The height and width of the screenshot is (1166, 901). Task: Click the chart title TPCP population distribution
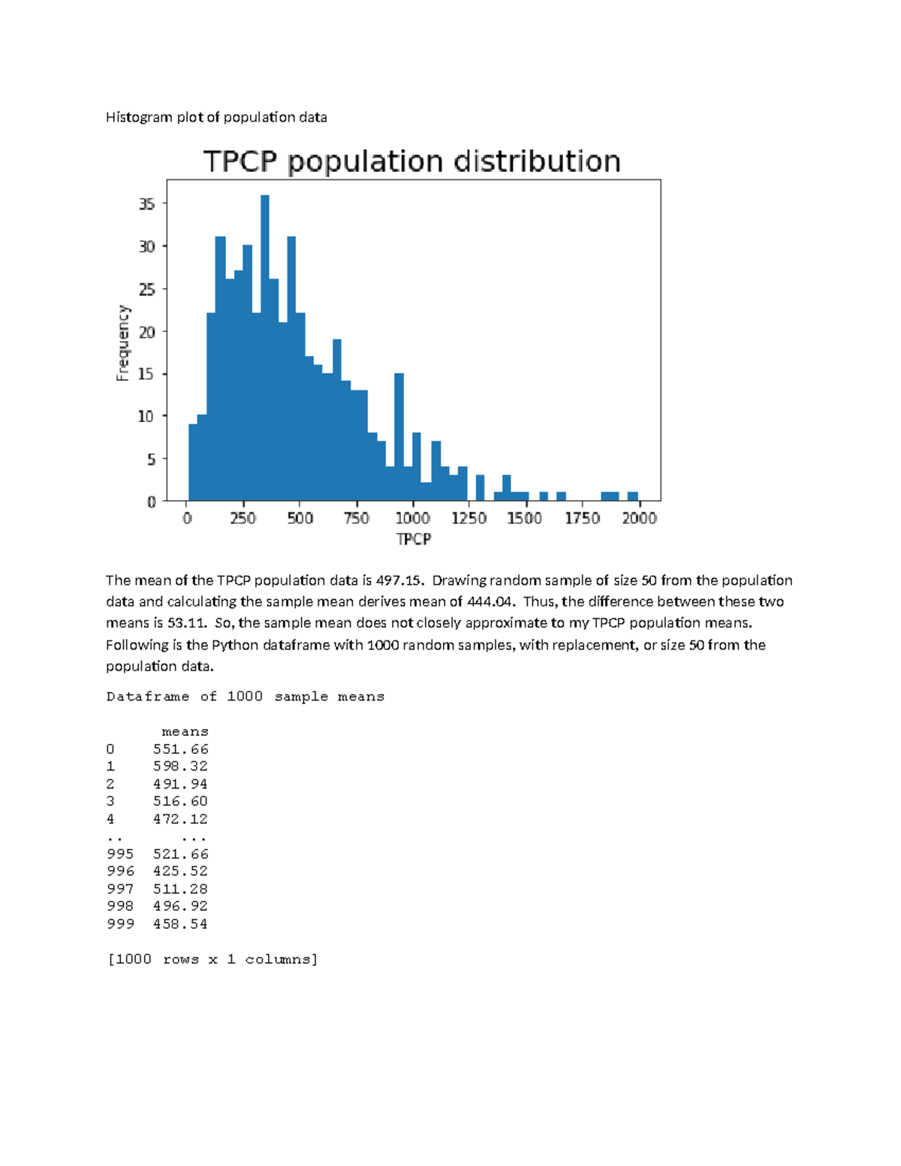pos(411,161)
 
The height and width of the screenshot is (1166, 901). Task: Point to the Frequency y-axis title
pos(123,342)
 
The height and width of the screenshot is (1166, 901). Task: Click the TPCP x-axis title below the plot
pos(413,539)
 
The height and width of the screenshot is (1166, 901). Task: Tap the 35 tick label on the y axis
pos(146,204)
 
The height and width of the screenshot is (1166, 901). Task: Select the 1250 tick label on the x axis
pos(469,518)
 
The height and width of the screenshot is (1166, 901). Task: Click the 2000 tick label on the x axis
pos(639,518)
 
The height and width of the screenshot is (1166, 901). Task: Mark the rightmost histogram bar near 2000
pos(633,496)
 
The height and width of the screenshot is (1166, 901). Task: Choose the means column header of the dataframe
pos(185,731)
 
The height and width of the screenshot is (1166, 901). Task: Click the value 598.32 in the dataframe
pos(180,767)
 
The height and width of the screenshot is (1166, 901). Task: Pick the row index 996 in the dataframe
pos(120,871)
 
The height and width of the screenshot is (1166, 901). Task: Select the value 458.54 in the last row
pos(180,924)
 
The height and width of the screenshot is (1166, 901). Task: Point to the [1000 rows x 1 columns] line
pos(213,960)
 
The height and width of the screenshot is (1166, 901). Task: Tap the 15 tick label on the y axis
pos(146,374)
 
